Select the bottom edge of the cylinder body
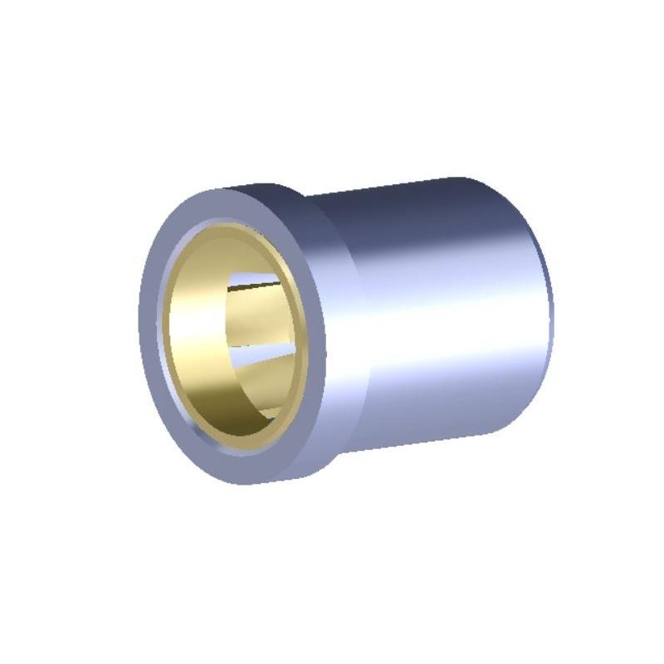click(x=432, y=444)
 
